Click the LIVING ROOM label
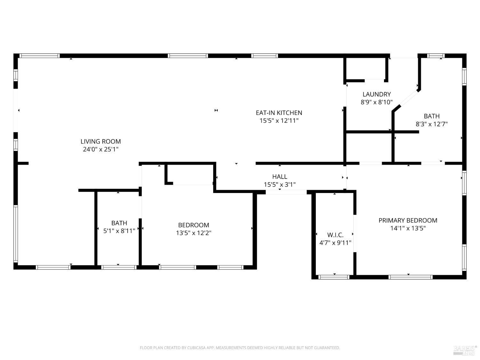point(100,141)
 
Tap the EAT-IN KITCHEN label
point(279,113)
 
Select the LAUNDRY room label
point(377,94)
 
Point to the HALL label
point(280,176)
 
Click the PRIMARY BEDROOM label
point(408,220)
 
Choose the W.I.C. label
point(335,235)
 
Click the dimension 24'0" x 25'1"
point(100,149)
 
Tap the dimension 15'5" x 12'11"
point(279,121)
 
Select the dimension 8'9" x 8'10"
point(377,102)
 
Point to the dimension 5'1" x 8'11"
point(119,231)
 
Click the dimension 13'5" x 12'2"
point(194,233)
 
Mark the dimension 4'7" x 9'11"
point(335,243)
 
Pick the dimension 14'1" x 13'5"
point(408,228)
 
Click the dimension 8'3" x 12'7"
point(431,124)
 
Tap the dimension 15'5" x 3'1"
point(280,185)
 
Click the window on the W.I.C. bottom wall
point(334,277)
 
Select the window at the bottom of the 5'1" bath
point(119,267)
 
